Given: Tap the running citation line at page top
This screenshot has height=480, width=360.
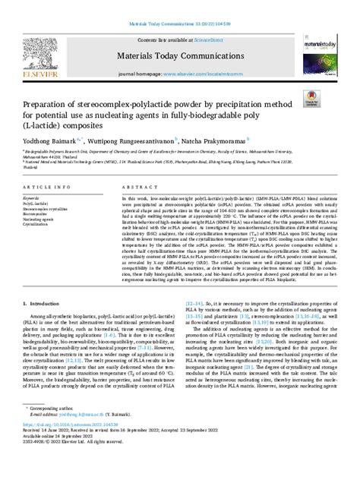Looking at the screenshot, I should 180,6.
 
